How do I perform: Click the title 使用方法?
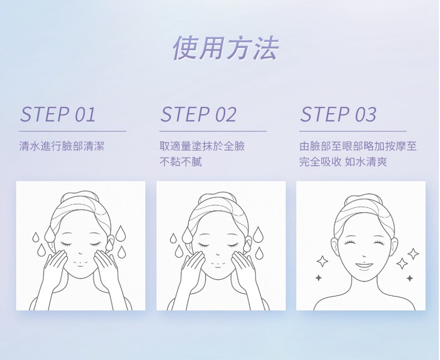click(226, 48)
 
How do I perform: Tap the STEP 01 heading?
click(58, 114)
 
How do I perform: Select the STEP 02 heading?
click(198, 114)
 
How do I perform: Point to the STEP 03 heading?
click(338, 114)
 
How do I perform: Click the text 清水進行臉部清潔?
click(62, 146)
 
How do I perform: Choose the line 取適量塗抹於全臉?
click(202, 146)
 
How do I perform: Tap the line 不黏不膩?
click(180, 162)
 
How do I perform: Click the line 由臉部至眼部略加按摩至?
click(358, 146)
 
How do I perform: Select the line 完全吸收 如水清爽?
click(343, 162)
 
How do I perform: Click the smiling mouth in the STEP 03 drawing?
click(364, 265)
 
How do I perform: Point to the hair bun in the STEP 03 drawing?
click(364, 199)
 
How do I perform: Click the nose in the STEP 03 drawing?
click(364, 256)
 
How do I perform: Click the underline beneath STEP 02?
click(213, 131)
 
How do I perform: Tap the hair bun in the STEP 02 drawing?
click(218, 197)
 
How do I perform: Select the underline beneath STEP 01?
click(72, 131)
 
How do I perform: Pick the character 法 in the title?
click(266, 48)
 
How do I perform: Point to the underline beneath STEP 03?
click(353, 131)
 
